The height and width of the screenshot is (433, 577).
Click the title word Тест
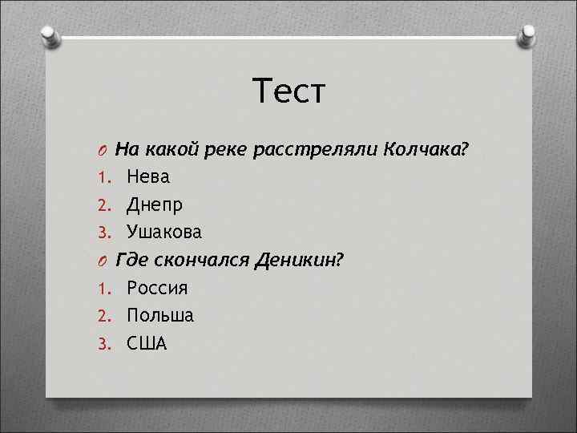[288, 91]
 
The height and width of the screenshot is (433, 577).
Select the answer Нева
[148, 176]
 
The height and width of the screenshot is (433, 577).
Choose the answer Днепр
[155, 204]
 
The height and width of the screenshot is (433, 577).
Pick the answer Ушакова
[164, 233]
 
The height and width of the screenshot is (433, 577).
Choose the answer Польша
[160, 316]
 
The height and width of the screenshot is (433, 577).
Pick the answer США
[147, 344]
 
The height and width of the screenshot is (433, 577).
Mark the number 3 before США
[103, 345]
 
